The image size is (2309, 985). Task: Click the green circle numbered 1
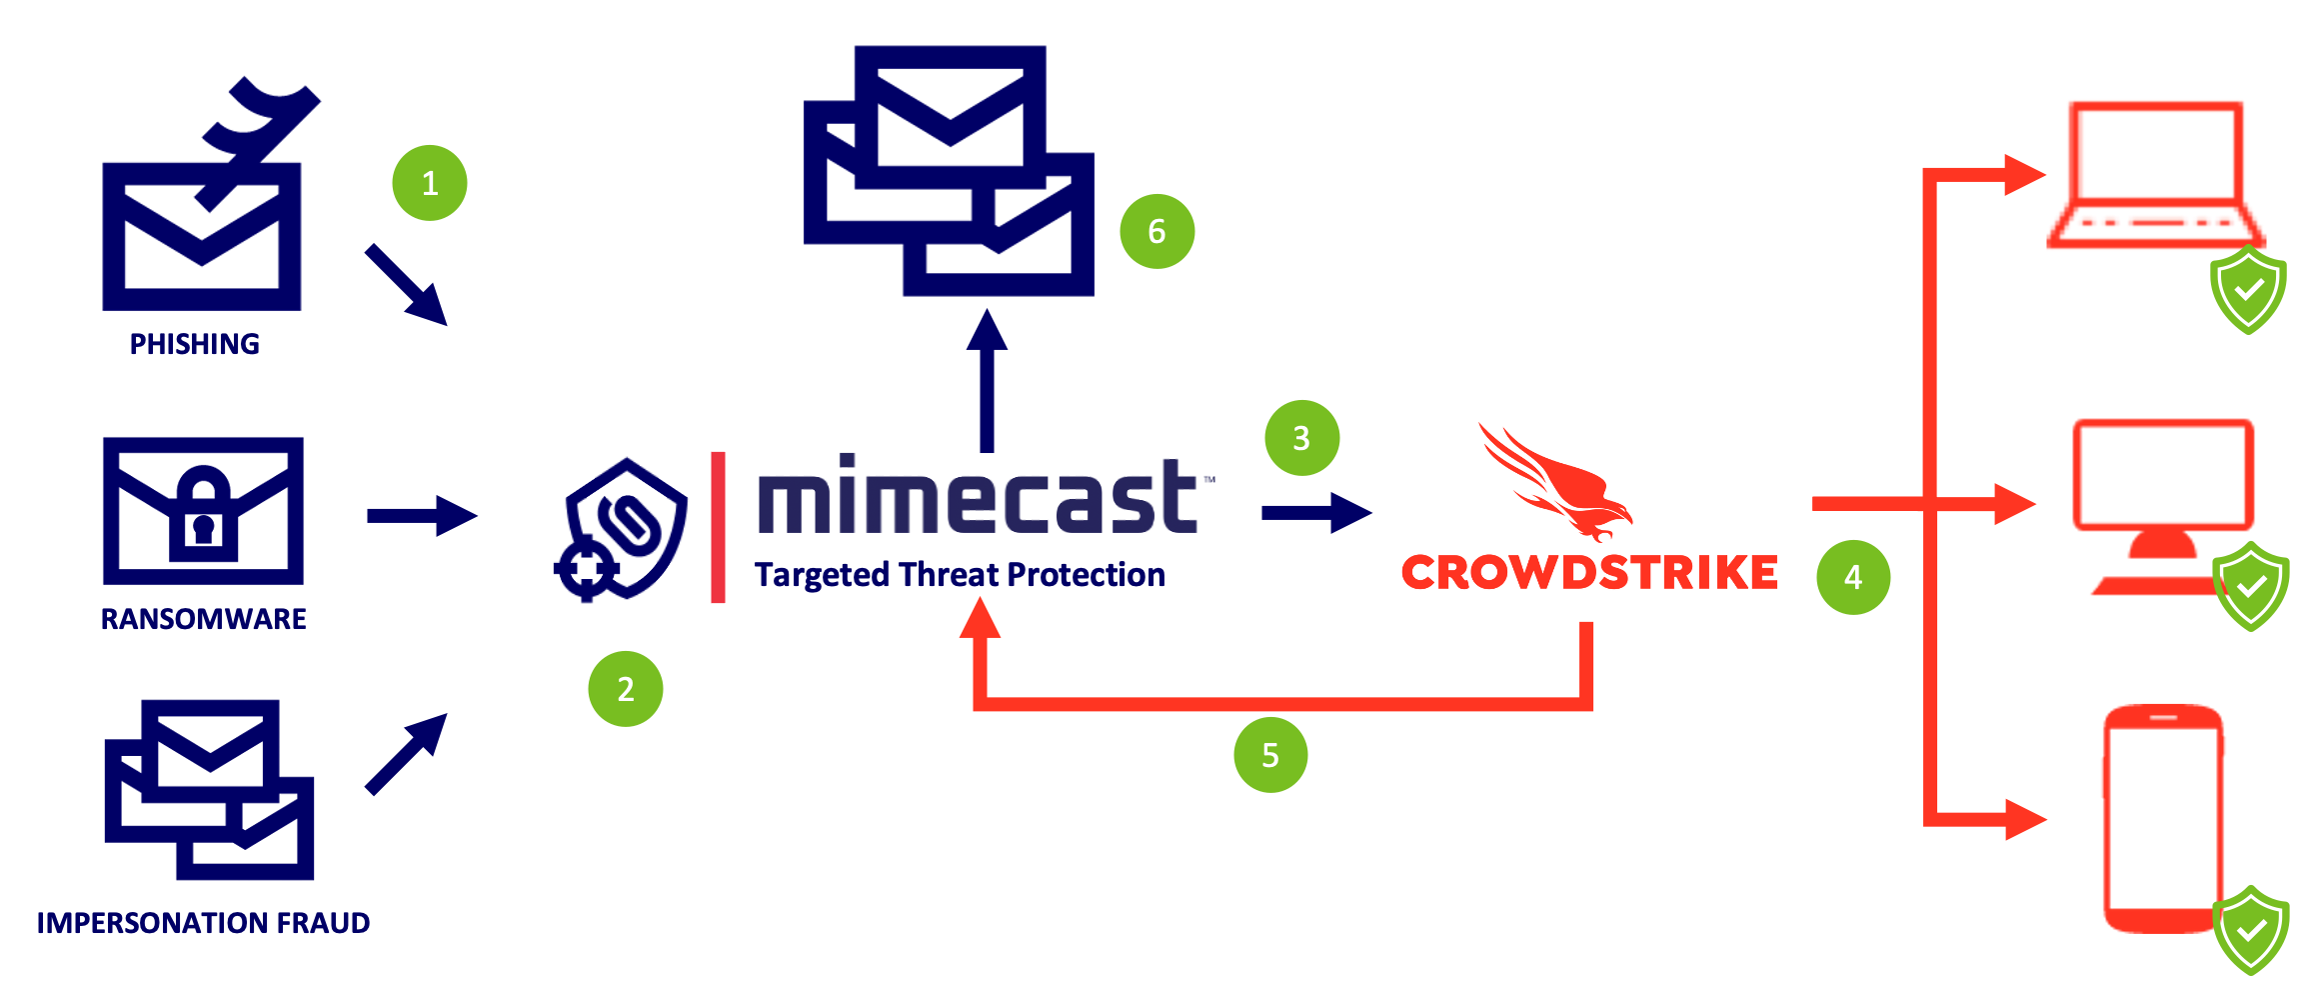tap(430, 183)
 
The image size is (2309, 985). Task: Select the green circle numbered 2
tap(626, 689)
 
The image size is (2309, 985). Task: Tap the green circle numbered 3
tap(1301, 438)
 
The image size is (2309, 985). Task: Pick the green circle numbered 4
tap(1853, 577)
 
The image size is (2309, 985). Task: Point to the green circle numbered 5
tap(1270, 755)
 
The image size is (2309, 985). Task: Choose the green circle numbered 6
tap(1156, 232)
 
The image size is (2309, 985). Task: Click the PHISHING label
tap(195, 345)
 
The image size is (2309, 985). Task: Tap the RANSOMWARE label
tap(203, 619)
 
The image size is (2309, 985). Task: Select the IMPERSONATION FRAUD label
tap(203, 923)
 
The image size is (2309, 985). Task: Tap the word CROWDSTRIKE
tap(1589, 573)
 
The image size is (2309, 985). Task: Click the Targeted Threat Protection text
tap(961, 575)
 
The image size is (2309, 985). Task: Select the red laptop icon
tap(2155, 175)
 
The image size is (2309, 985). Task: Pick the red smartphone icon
tap(2163, 818)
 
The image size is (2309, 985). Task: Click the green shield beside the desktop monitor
tap(2250, 586)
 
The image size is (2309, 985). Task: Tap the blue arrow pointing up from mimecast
tap(988, 380)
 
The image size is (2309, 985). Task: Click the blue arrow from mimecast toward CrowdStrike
tap(1315, 513)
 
